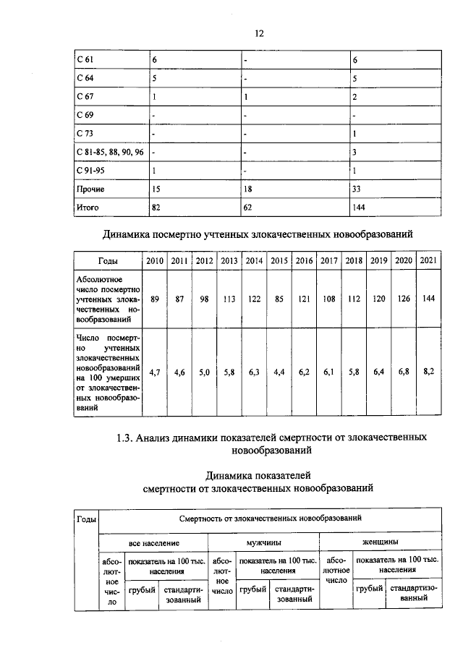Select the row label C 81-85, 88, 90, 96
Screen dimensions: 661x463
tap(110, 153)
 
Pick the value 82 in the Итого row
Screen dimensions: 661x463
tap(157, 207)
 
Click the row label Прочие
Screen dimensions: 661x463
tap(90, 189)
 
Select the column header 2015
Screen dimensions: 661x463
tap(279, 260)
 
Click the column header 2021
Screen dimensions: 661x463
tap(428, 260)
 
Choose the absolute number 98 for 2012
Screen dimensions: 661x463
tap(205, 298)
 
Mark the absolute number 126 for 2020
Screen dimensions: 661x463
tap(403, 298)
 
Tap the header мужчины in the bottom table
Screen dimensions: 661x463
tap(263, 542)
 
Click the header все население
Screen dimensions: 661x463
tap(153, 542)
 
